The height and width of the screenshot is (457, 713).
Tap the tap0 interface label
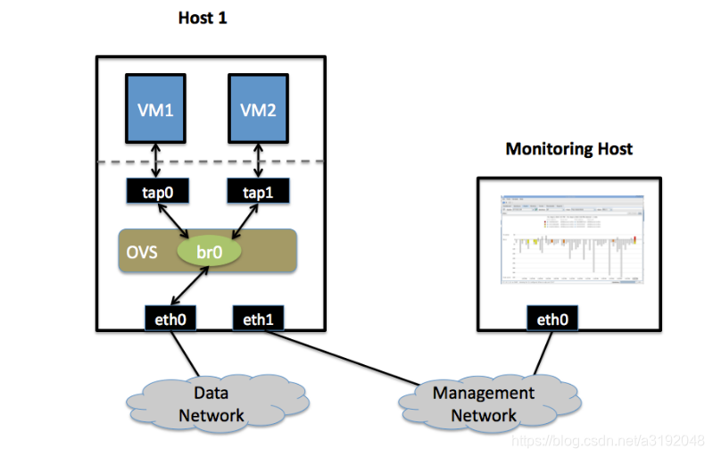click(156, 191)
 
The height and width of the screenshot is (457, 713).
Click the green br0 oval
click(209, 252)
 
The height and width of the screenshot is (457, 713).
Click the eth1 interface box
click(259, 318)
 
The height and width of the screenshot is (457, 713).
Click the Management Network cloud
click(483, 403)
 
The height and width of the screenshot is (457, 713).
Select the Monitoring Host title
click(568, 148)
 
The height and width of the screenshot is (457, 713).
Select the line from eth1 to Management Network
click(357, 357)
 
